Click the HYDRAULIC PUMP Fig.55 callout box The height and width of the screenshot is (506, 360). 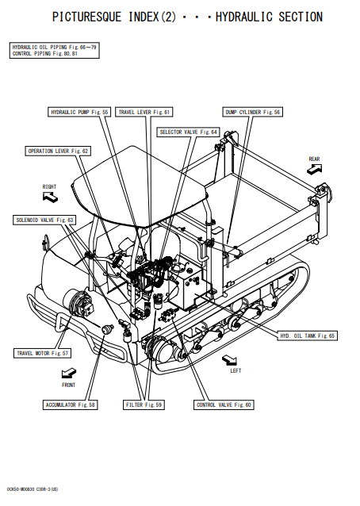pos(79,112)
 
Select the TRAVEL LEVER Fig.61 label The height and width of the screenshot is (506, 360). pos(144,112)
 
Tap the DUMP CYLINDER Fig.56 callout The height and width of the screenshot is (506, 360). pos(253,112)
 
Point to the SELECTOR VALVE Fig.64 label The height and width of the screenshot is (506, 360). pos(189,132)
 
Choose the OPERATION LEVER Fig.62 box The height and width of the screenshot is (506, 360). pos(58,151)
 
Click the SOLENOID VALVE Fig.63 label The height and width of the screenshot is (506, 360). pos(44,220)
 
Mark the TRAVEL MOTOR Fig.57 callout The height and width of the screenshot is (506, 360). pos(42,354)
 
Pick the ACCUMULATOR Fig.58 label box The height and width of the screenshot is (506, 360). pos(71,404)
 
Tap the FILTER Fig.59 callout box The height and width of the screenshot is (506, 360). pos(144,404)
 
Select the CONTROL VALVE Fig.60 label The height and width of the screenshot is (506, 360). pos(224,404)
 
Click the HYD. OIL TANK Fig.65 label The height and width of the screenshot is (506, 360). pos(308,336)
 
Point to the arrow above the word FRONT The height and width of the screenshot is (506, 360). pos(69,374)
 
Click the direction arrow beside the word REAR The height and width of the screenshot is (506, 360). pos(315,169)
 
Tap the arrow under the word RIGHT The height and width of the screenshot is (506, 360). pos(50,197)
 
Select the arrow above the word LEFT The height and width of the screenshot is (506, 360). pos(230,360)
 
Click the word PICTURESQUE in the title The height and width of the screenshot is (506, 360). pos(86,17)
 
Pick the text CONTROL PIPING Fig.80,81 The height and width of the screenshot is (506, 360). pos(45,54)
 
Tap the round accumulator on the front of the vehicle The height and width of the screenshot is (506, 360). pos(107,329)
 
